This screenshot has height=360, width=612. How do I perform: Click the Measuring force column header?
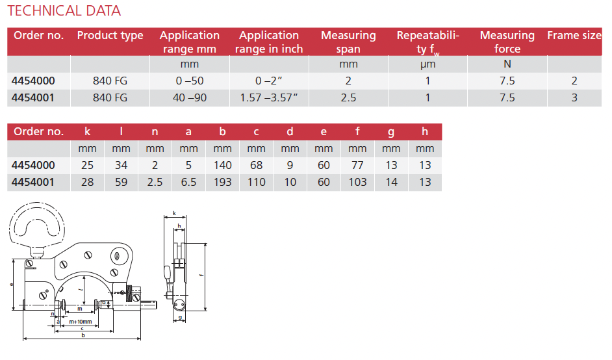[507, 42]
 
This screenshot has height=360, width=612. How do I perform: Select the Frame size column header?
[574, 36]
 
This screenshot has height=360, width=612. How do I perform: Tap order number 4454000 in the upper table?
[34, 81]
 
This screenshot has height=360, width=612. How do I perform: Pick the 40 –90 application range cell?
[189, 97]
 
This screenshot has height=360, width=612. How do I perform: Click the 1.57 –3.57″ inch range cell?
[268, 97]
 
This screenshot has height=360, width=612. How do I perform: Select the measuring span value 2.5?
[348, 97]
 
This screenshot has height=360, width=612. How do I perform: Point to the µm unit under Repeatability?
[427, 64]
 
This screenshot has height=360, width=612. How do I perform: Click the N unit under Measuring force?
[507, 64]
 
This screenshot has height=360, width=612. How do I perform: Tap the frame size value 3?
[574, 97]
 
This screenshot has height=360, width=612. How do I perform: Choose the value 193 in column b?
[222, 182]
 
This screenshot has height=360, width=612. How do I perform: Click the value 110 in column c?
[256, 182]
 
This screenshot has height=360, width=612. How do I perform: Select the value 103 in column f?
[357, 182]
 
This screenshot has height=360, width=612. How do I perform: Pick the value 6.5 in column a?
[188, 182]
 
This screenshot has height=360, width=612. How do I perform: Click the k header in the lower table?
[87, 131]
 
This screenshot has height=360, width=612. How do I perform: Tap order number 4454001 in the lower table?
[34, 182]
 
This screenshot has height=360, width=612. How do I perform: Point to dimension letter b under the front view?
[83, 336]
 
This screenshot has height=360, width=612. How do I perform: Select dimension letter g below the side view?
[179, 317]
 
